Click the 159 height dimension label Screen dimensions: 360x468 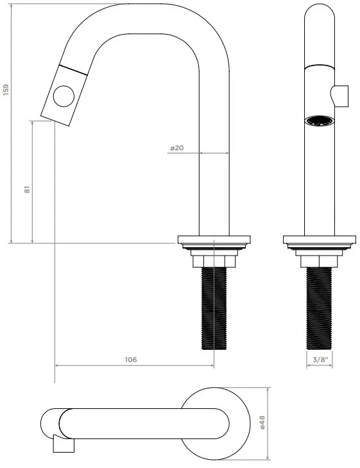click(6, 90)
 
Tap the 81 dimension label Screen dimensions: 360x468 click(27, 189)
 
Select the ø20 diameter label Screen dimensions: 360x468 click(177, 148)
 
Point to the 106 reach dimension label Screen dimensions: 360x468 click(131, 360)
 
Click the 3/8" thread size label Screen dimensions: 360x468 click(320, 359)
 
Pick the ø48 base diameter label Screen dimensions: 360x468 click(262, 422)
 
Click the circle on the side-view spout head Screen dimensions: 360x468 click(64, 96)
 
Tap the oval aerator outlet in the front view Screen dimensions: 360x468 click(319, 121)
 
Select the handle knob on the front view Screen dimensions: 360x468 click(339, 96)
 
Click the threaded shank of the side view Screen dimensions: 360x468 click(214, 308)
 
